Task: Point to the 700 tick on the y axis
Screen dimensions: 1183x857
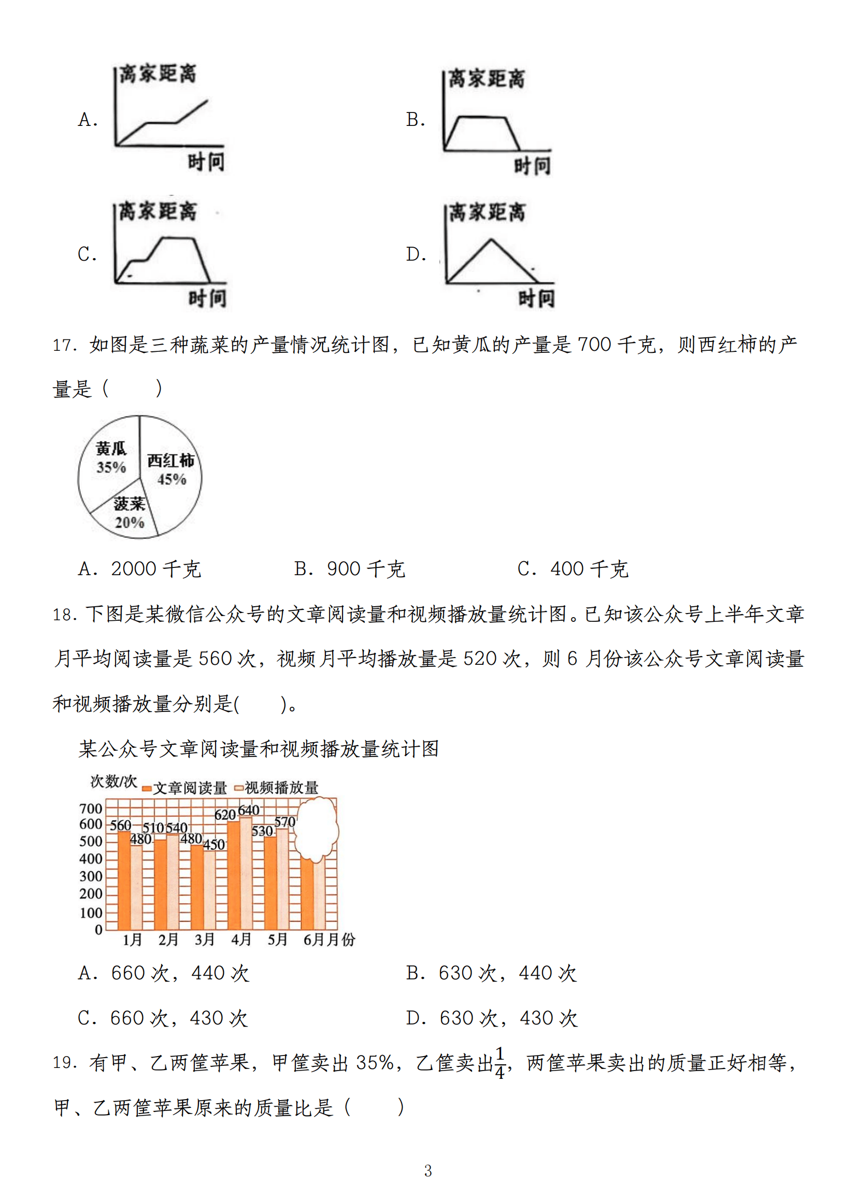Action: [91, 809]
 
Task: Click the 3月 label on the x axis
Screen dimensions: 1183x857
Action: [205, 939]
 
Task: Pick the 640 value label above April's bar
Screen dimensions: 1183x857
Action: [248, 810]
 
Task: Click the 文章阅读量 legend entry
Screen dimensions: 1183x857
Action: [184, 788]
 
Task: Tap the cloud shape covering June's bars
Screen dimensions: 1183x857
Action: [316, 829]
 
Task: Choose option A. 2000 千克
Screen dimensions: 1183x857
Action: [140, 569]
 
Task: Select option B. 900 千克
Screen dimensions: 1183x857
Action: [349, 569]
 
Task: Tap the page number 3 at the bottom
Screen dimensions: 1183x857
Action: [427, 1171]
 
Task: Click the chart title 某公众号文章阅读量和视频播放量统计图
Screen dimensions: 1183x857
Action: [259, 749]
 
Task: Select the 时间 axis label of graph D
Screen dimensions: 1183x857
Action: [536, 299]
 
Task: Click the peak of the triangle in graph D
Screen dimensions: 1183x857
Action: [490, 239]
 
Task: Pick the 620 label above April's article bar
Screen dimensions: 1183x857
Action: [225, 815]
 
